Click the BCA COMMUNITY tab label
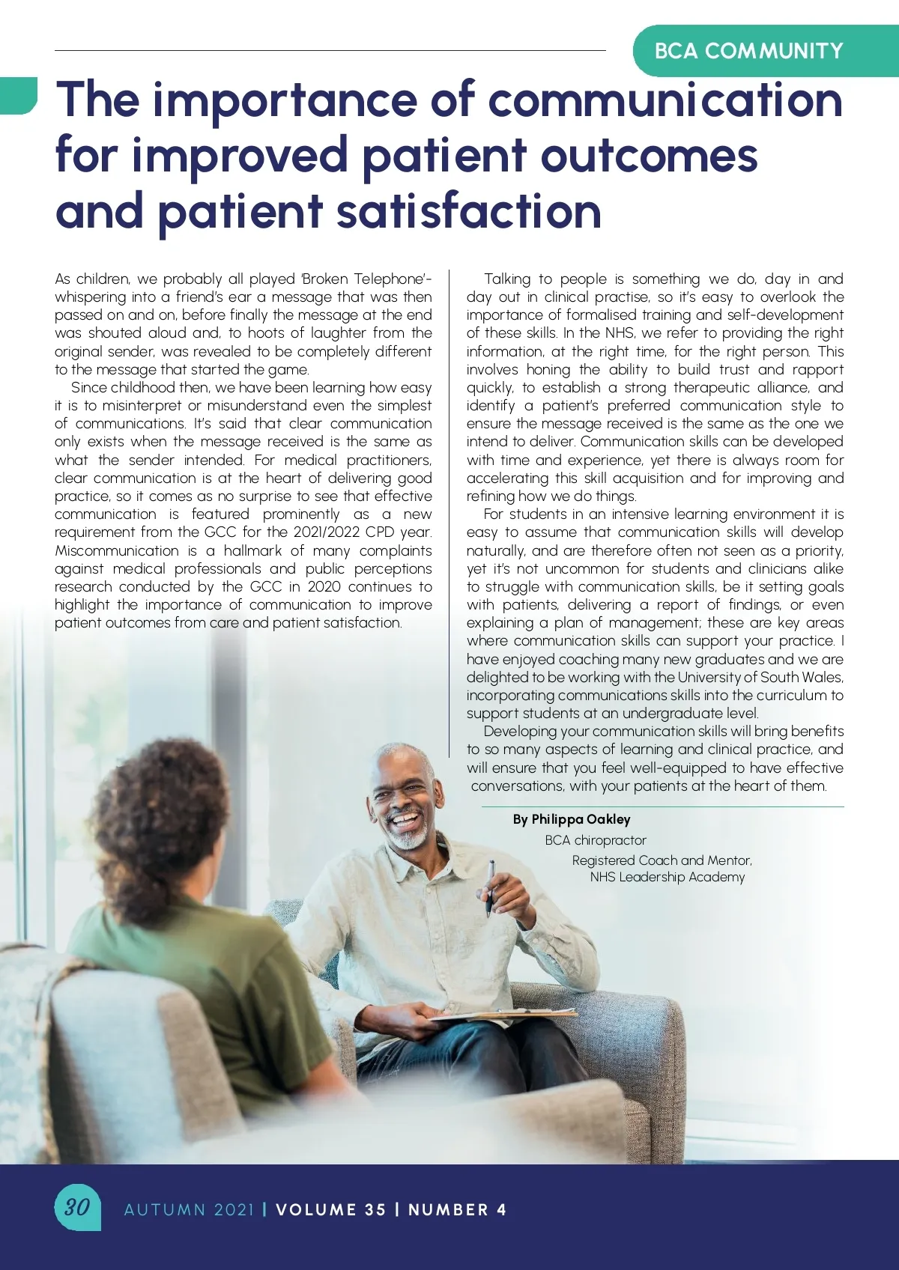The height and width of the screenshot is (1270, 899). point(748,51)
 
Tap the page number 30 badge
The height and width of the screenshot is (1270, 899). point(77,1206)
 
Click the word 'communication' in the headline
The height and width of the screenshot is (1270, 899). point(665,100)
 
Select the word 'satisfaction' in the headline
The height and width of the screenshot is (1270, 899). point(469,211)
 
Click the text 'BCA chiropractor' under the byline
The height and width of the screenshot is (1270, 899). point(596,840)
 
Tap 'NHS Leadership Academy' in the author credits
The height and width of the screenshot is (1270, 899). point(668,877)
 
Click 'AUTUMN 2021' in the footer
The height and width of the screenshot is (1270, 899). point(189,1209)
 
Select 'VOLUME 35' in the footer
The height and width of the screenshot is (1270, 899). point(330,1209)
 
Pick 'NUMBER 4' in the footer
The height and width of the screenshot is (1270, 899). point(457,1209)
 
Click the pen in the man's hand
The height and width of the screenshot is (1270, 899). point(491,887)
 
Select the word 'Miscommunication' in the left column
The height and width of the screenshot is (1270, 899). point(117,550)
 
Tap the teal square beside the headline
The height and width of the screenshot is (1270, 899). point(18,95)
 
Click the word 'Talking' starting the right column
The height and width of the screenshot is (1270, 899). point(507,279)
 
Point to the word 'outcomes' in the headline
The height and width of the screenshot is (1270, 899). point(649,156)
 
